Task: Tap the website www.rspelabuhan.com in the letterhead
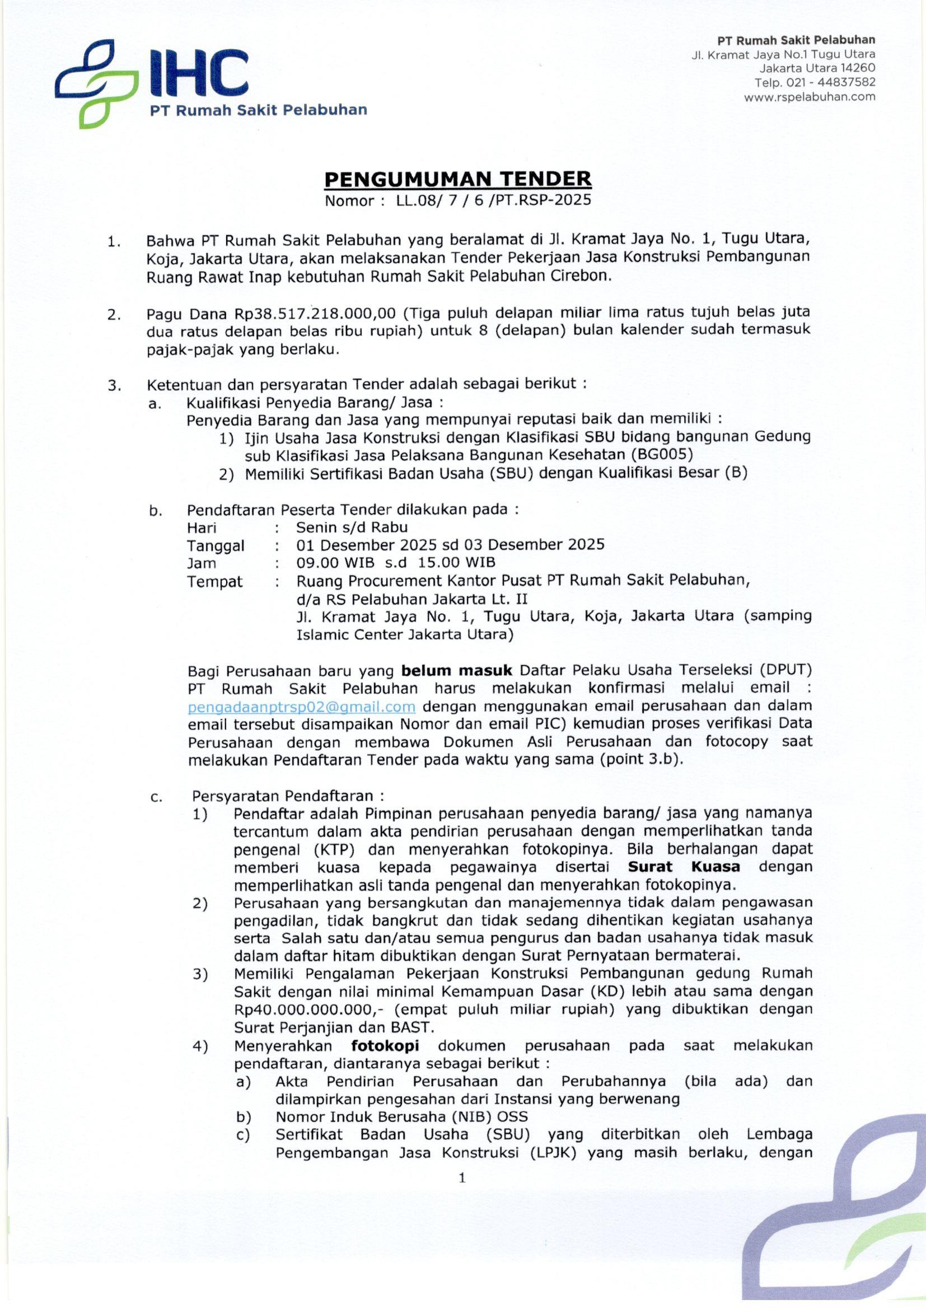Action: coord(809,97)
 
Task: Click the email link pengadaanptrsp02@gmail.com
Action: coord(301,707)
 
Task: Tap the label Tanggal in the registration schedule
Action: coord(216,546)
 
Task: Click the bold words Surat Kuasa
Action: coord(684,867)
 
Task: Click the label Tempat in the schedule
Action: coord(214,582)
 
